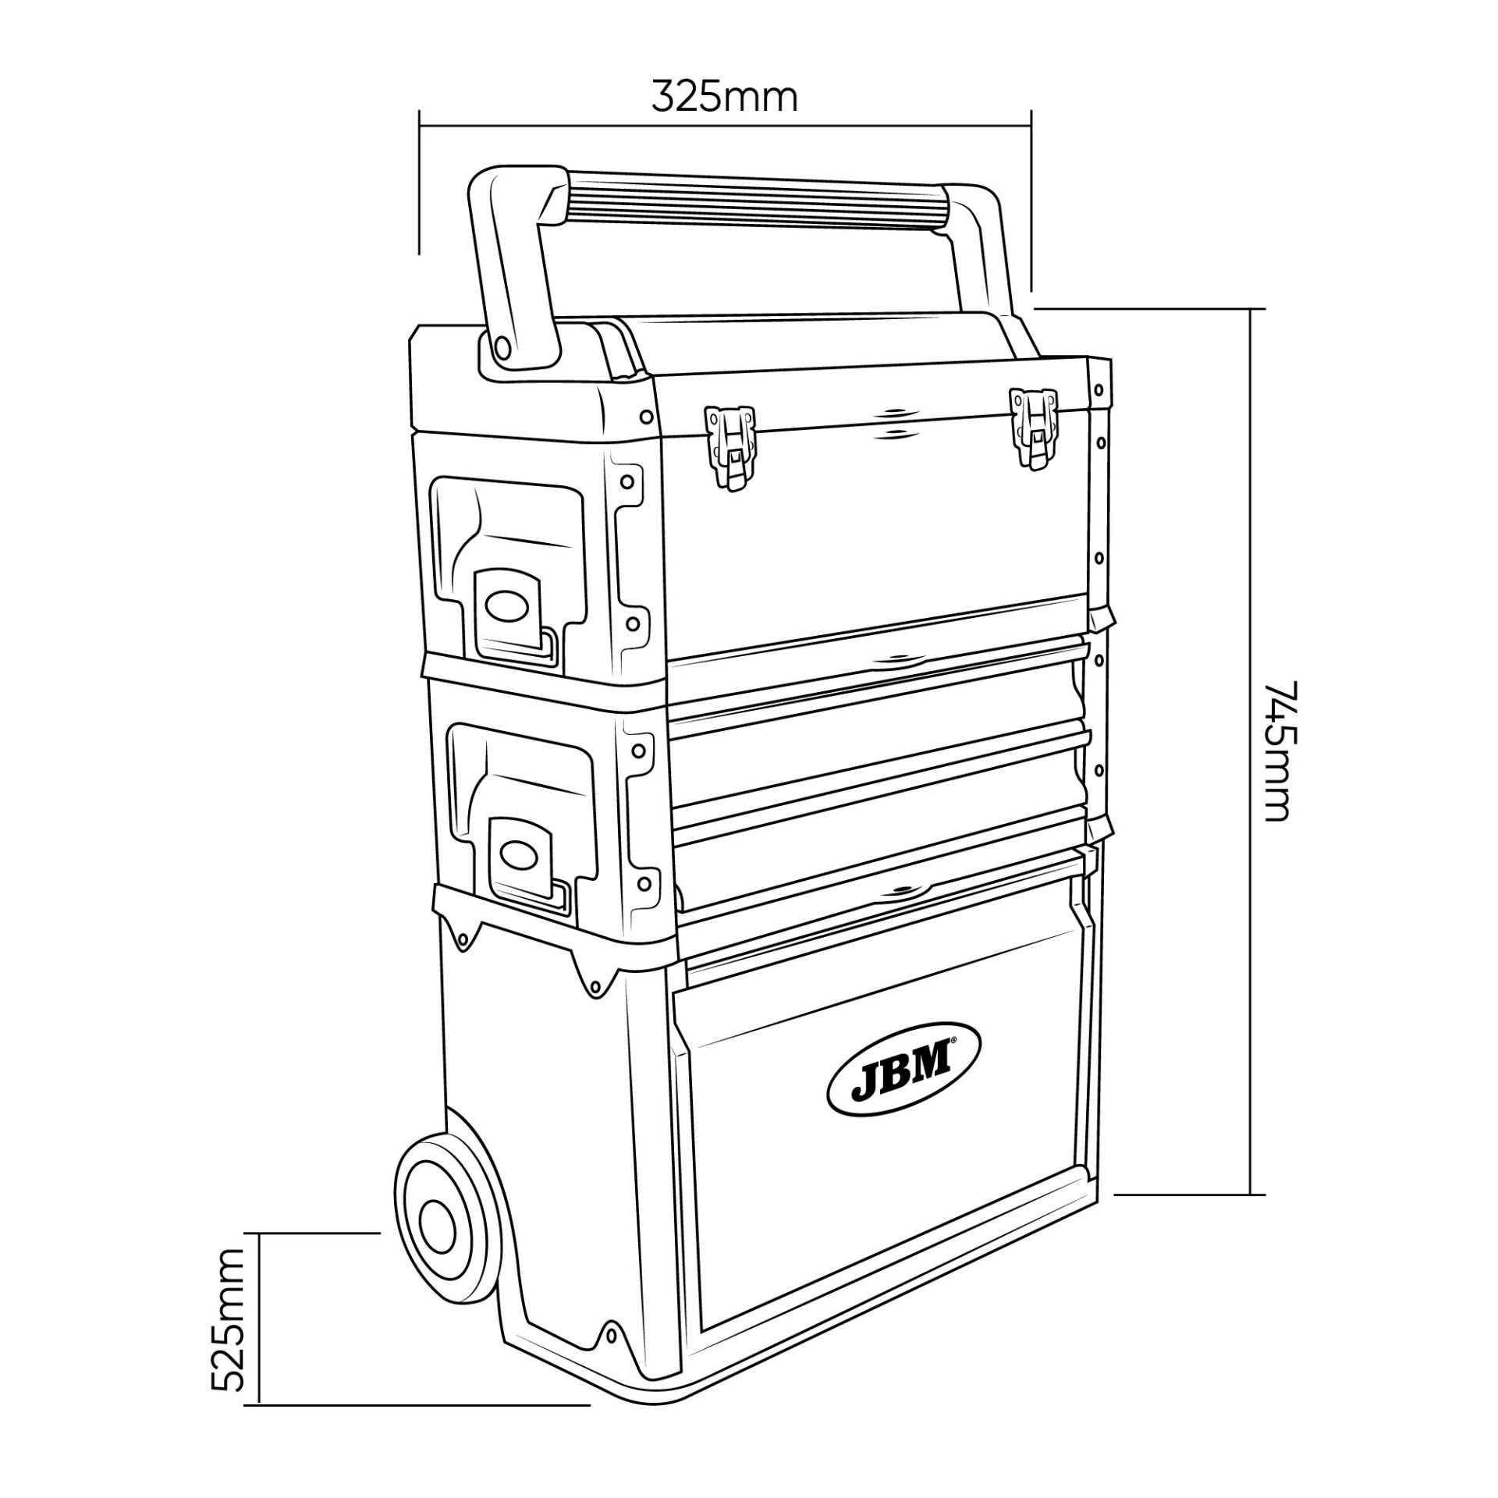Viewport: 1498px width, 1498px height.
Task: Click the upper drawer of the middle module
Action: [878, 706]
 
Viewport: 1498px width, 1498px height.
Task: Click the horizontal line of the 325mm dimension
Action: [726, 123]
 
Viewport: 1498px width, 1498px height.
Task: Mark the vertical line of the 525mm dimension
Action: [258, 1318]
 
